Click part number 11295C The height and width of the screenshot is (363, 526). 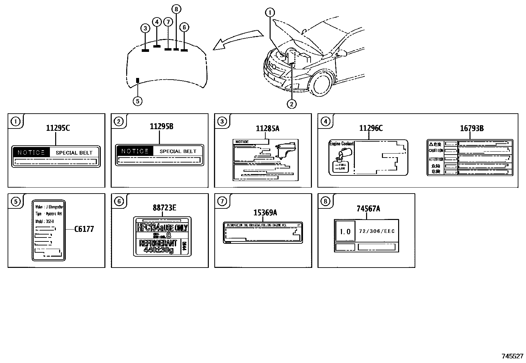pos(58,128)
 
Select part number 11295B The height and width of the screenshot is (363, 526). pos(161,126)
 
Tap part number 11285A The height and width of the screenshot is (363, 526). pos(267,128)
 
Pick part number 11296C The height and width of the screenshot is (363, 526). pos(371,128)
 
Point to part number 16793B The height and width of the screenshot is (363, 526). pos(471,128)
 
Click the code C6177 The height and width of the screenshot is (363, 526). pos(84,229)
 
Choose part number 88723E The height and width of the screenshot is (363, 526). pos(164,207)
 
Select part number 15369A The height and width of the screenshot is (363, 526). pos(265,213)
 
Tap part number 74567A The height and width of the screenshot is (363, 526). pos(368,208)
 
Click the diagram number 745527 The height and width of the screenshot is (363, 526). pos(512,356)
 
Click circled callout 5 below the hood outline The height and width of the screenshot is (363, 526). pos(137,101)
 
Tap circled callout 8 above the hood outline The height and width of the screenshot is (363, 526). pos(176,9)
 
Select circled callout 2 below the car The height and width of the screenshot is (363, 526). pos(291,104)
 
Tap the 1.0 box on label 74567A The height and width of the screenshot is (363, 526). pos(345,231)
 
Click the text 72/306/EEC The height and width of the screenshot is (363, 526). pos(376,231)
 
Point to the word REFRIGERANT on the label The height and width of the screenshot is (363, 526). pos(158,243)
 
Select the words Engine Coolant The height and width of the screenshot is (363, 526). pos(341,144)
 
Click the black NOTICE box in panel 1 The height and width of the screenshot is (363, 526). pos(31,152)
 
